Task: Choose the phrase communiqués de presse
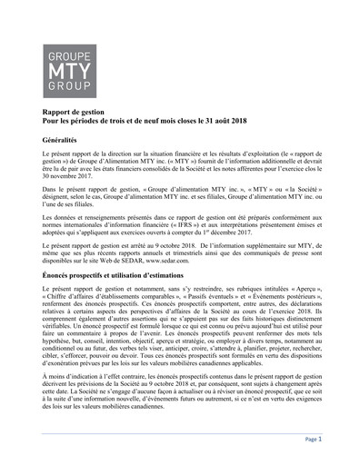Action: click(x=272, y=250)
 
